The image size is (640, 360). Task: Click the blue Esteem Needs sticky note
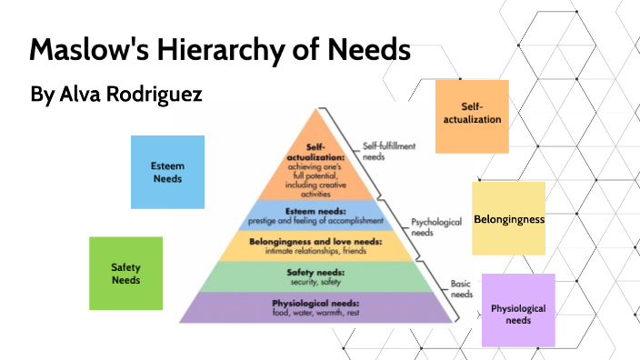[167, 172]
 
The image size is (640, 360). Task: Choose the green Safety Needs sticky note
[125, 273]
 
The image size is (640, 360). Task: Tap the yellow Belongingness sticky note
[509, 219]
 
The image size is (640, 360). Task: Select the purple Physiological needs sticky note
[518, 310]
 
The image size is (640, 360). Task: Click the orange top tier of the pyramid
[315, 168]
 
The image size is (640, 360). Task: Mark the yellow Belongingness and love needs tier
[315, 245]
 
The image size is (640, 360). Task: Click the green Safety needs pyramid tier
[315, 275]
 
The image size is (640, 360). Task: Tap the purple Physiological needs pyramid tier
[315, 307]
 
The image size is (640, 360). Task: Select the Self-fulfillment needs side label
[385, 151]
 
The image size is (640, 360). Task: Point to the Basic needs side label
[462, 289]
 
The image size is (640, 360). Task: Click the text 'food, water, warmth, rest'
[315, 314]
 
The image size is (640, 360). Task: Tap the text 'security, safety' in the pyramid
[314, 283]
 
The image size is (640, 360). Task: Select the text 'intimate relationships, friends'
[315, 251]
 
